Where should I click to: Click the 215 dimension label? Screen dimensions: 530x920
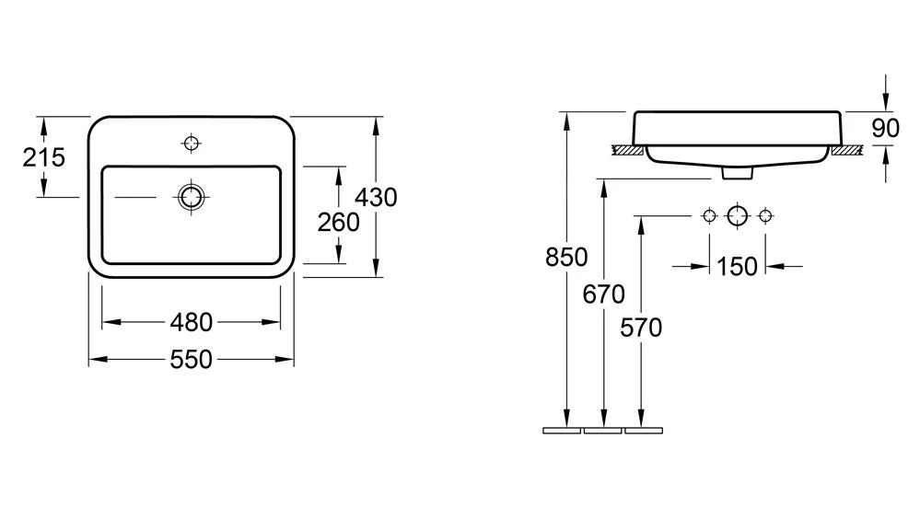(x=43, y=157)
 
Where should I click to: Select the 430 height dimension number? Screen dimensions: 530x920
(x=377, y=197)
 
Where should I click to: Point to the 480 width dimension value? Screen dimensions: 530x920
(x=191, y=322)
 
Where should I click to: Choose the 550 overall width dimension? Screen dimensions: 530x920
(x=191, y=359)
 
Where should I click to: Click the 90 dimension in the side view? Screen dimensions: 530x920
(x=885, y=128)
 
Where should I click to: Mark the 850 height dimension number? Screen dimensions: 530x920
(x=566, y=259)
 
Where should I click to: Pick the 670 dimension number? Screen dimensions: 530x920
(x=604, y=294)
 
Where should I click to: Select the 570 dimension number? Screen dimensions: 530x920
(x=641, y=327)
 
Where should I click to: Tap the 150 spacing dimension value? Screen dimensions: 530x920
(x=737, y=267)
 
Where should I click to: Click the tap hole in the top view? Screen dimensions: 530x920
(x=192, y=143)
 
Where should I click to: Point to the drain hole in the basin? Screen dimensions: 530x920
(x=191, y=196)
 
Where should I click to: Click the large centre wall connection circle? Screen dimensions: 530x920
(x=737, y=215)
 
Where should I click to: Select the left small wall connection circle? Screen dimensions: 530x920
(x=708, y=215)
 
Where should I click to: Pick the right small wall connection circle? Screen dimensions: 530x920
(x=764, y=215)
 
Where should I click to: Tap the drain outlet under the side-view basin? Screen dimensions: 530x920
(x=737, y=173)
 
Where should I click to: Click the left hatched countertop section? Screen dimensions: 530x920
(x=629, y=149)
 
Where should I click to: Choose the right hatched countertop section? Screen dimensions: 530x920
(x=845, y=149)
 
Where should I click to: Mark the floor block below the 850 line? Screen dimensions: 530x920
(x=562, y=430)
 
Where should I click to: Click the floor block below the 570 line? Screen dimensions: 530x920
(x=643, y=430)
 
